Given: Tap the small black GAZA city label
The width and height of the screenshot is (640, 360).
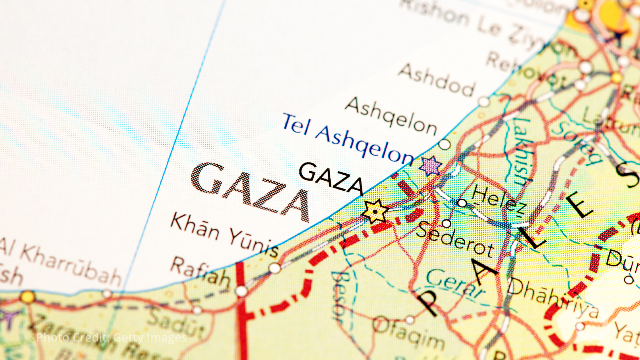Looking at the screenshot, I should point(331,178).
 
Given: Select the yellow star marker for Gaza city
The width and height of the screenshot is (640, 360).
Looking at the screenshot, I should point(375,212).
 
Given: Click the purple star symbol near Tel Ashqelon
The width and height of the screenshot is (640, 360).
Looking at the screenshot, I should point(430,166).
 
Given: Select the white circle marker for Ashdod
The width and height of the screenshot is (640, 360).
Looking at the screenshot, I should point(484,102).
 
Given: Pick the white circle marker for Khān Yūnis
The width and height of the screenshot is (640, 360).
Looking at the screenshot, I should point(275,268).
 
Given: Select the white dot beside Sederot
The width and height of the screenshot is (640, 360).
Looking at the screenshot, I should point(447,223).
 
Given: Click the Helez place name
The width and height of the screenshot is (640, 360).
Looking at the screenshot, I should point(498,198).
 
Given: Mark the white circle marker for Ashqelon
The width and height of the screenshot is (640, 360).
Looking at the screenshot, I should point(444,144).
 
